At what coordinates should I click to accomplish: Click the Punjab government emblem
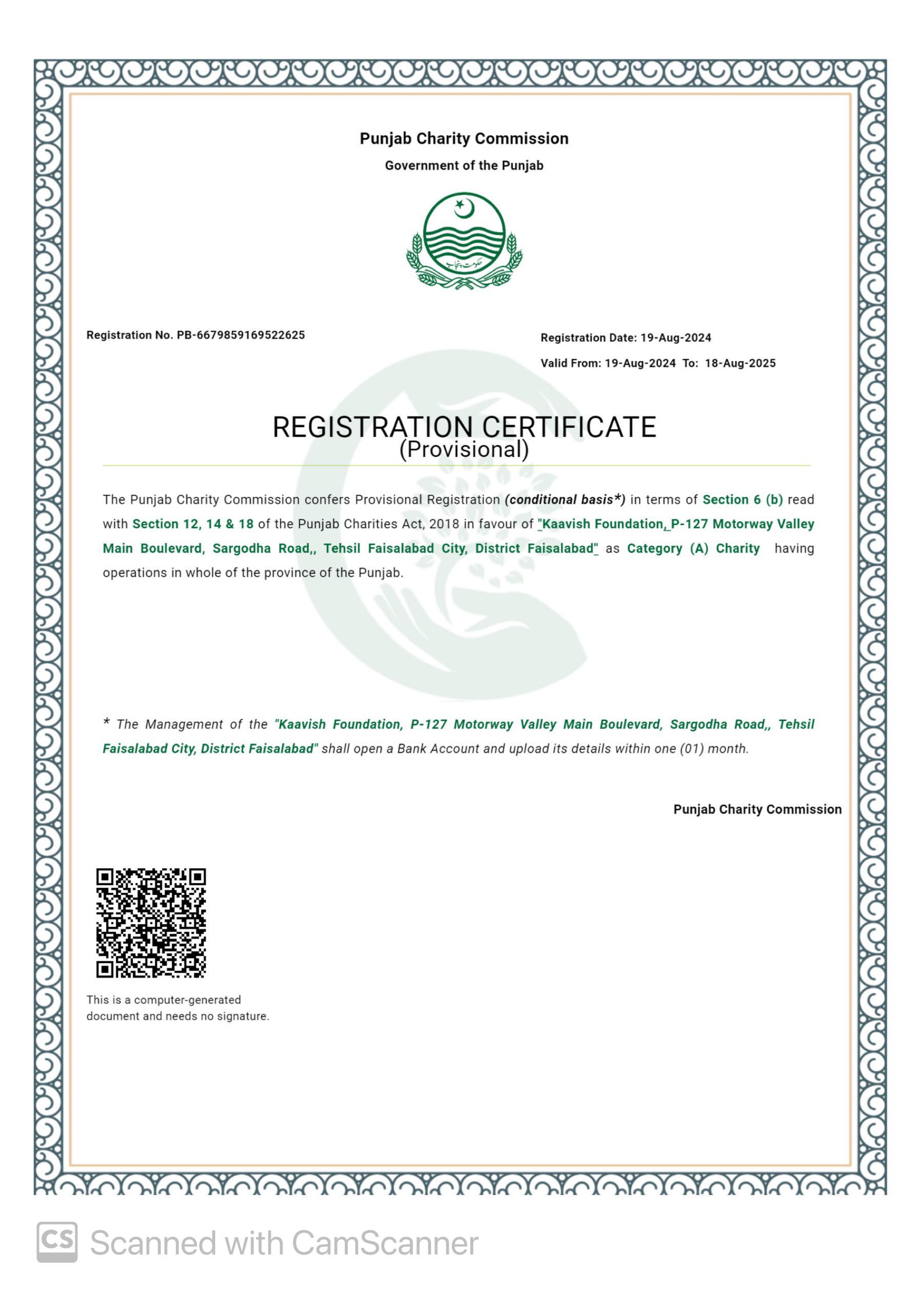pos(464,241)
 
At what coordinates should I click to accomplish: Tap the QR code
pos(151,922)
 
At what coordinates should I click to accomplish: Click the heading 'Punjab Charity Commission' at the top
pos(464,139)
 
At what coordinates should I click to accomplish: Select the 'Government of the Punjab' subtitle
pos(464,166)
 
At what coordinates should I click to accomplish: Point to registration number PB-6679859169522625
pos(241,335)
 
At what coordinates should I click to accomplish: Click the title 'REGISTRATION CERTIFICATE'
pos(464,427)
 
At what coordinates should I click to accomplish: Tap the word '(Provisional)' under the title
pos(464,450)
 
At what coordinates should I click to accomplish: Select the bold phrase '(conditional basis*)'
pos(565,500)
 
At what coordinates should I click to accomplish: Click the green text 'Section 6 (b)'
pos(742,500)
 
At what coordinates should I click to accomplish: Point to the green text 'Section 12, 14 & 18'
pos(193,524)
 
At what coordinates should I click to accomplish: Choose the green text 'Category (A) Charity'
pos(693,548)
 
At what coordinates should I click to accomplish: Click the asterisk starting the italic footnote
pos(106,722)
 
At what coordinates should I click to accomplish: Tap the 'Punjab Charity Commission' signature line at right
pos(757,809)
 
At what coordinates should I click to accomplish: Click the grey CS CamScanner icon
pos(57,1242)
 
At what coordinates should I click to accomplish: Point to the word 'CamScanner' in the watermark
pos(385,1243)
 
